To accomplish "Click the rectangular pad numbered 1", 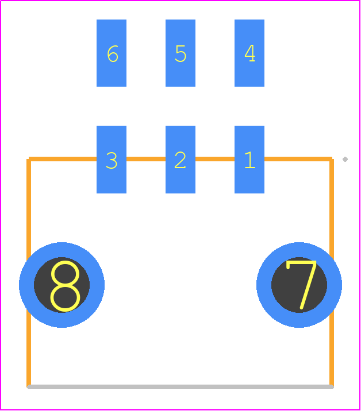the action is click(249, 160).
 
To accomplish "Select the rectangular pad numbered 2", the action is click(180, 160).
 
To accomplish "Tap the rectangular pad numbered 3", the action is click(112, 160).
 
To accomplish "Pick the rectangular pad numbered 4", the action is click(249, 53).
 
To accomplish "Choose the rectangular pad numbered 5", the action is click(180, 53).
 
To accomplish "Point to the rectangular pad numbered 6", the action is click(112, 53).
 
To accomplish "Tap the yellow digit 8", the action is click(65, 286).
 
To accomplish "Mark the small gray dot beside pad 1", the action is click(345, 160).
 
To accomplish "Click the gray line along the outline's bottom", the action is click(180, 387).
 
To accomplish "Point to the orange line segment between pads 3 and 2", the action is click(146, 159).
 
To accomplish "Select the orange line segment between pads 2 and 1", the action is click(215, 159).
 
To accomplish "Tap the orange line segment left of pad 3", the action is click(63, 159).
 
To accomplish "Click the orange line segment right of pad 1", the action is click(298, 159).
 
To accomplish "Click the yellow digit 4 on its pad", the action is click(249, 53).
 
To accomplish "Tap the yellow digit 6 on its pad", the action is click(113, 53).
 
